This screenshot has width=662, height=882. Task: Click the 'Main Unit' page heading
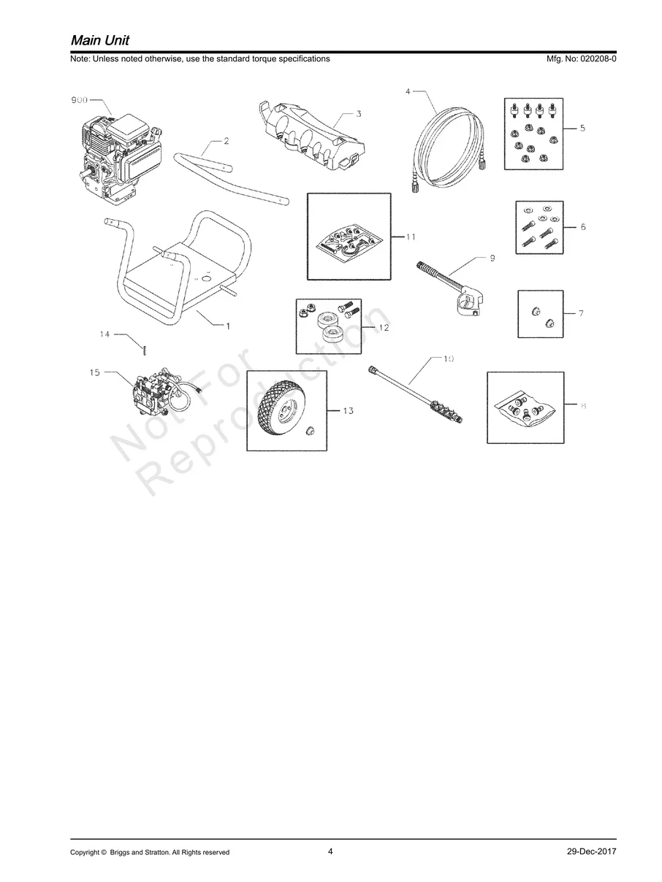(x=100, y=40)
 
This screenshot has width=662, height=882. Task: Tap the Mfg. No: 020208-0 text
(x=581, y=58)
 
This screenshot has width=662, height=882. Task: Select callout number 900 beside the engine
(x=79, y=100)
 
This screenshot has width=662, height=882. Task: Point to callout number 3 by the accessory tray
(x=359, y=114)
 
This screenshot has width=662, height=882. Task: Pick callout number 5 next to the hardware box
(x=582, y=129)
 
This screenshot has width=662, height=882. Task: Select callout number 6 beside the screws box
(x=583, y=227)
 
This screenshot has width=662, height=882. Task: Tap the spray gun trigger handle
(x=468, y=299)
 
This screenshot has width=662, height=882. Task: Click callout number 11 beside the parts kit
(x=411, y=237)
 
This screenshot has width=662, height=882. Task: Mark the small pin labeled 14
(x=145, y=349)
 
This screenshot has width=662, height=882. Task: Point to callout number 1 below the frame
(x=228, y=326)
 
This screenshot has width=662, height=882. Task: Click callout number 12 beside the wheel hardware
(x=384, y=328)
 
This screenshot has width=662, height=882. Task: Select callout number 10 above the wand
(x=448, y=358)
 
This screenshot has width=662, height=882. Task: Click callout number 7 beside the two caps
(x=581, y=313)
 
